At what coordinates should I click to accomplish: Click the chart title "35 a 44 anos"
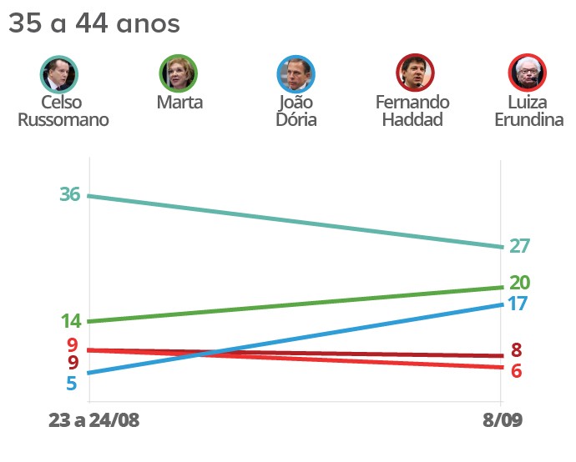click(94, 24)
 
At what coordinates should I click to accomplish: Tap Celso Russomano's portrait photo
click(59, 73)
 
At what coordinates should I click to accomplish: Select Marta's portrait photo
click(179, 73)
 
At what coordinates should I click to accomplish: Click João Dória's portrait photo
click(296, 73)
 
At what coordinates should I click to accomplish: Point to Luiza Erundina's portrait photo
click(528, 73)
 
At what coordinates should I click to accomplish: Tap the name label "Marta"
click(179, 103)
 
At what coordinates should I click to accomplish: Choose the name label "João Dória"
click(296, 111)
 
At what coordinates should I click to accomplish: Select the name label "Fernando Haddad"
click(412, 111)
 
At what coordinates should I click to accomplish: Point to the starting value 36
click(70, 194)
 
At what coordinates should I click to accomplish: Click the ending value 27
click(520, 246)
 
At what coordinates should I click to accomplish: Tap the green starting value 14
click(70, 322)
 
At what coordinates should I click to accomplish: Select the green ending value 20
click(520, 283)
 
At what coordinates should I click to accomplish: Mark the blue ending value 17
click(518, 304)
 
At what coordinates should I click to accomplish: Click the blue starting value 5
click(72, 384)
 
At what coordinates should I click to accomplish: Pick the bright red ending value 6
click(516, 371)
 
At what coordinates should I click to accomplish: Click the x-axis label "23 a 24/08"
click(94, 420)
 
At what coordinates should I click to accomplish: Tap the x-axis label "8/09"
click(501, 420)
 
